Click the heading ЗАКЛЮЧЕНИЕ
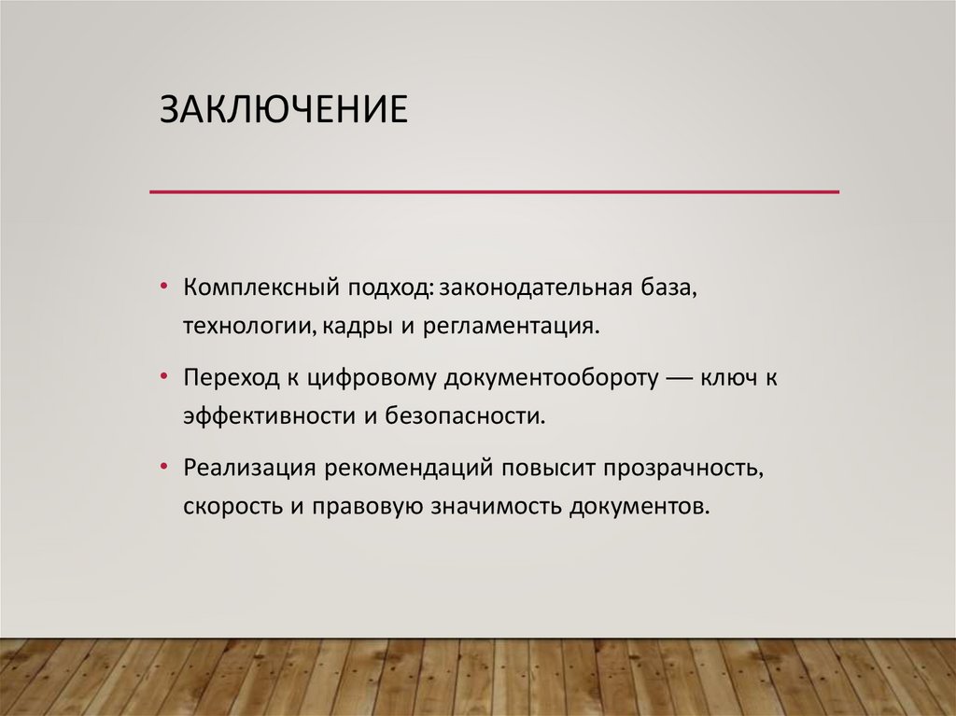click(283, 108)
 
